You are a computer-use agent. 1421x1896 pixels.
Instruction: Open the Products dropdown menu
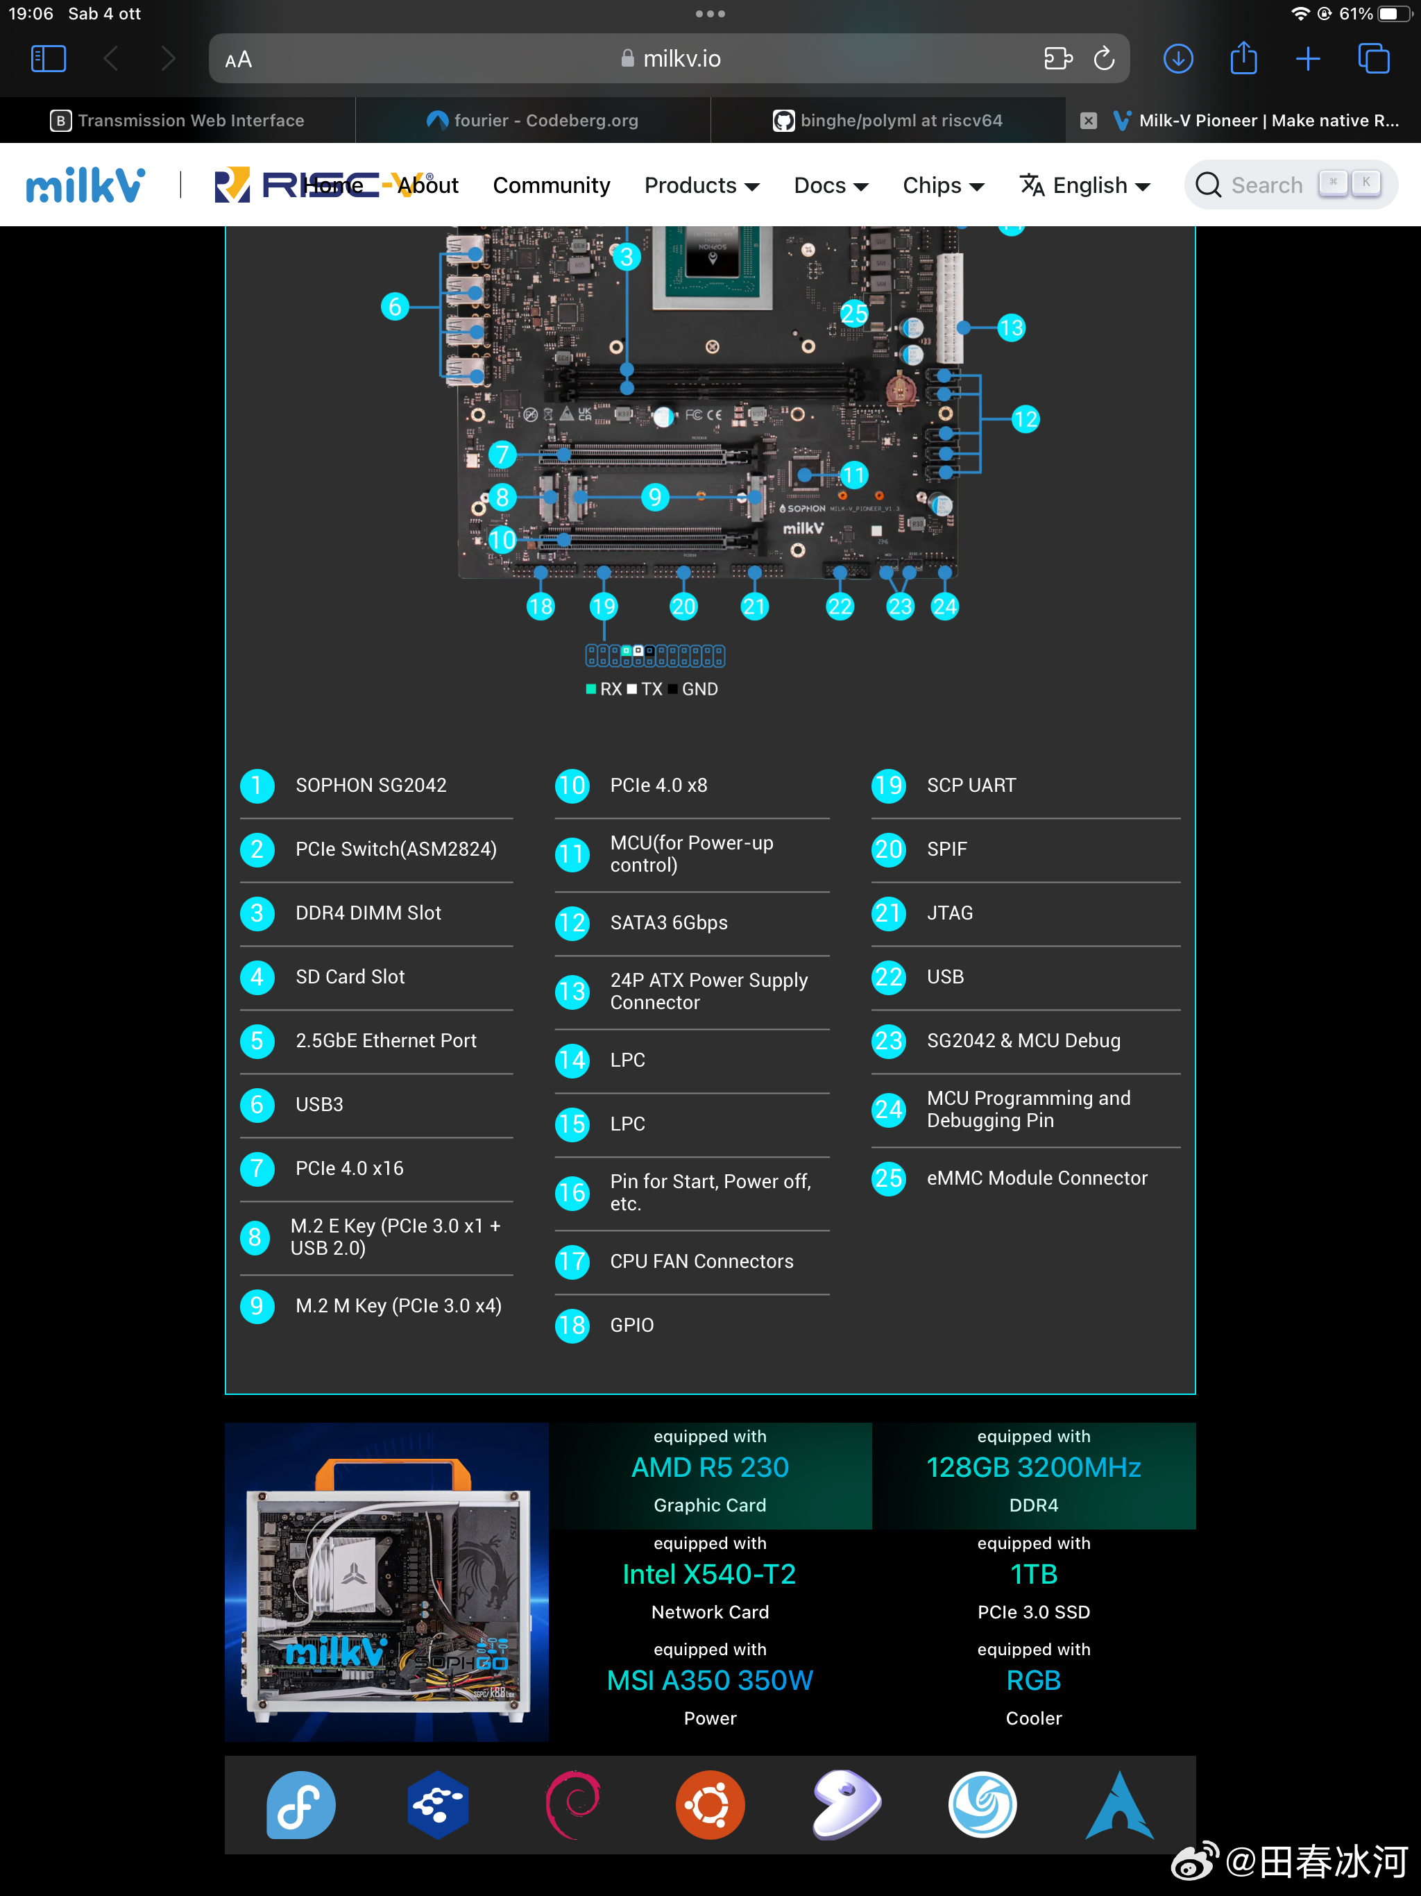[x=701, y=185]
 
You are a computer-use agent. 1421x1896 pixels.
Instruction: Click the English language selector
[x=1084, y=185]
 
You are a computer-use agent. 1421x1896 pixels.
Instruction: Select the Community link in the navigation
[x=551, y=185]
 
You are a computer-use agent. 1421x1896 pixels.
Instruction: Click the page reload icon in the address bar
[x=1104, y=58]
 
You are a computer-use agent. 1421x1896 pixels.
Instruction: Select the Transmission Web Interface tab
[x=178, y=121]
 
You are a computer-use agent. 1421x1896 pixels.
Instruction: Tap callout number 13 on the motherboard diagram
[x=1012, y=328]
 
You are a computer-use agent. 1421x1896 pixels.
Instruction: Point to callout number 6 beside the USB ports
[x=394, y=306]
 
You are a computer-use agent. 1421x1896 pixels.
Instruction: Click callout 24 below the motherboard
[x=944, y=607]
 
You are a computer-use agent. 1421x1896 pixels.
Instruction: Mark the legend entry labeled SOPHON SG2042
[x=371, y=785]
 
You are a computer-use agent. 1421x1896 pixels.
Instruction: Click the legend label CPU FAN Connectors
[x=701, y=1261]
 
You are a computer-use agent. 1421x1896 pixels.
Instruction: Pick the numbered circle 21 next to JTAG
[x=889, y=913]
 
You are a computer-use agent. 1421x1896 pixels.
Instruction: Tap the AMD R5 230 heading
[x=710, y=1467]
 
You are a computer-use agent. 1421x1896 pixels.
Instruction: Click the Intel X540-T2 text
[x=710, y=1574]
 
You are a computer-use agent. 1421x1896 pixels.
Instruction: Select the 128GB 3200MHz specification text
[x=1034, y=1467]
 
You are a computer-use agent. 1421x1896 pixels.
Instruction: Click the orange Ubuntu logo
[x=710, y=1805]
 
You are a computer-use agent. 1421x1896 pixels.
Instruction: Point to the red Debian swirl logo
[x=573, y=1805]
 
